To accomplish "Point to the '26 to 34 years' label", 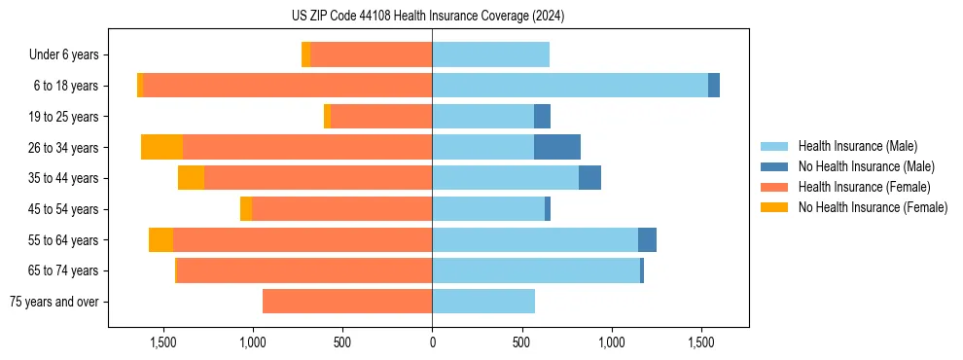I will tap(64, 148).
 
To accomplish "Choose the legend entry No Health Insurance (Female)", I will tap(873, 207).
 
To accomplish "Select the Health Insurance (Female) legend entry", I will tap(865, 187).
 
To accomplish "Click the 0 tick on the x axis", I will tap(432, 342).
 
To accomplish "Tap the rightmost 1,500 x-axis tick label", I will tap(701, 342).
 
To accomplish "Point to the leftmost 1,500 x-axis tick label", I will tap(162, 342).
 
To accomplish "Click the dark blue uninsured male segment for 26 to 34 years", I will tap(557, 147).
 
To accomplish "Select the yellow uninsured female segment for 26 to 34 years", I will tap(161, 147).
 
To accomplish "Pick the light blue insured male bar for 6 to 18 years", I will tap(570, 86).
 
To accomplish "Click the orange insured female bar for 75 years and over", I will tap(347, 302).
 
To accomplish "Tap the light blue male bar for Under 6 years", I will tap(490, 54).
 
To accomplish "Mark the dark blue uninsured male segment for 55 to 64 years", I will tap(647, 239).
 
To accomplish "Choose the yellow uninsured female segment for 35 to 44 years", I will tap(191, 178).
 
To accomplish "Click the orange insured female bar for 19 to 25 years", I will tap(381, 117).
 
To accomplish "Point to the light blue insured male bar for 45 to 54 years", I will tap(488, 209).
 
